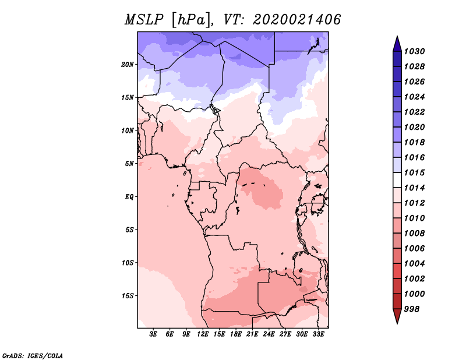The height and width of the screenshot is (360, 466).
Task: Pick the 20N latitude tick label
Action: [x=128, y=64]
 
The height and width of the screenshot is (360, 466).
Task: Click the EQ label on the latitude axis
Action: [x=129, y=196]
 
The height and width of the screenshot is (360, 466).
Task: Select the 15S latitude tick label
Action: [x=128, y=295]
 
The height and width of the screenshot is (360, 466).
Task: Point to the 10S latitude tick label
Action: [x=128, y=263]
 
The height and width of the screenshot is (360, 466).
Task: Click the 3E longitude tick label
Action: [x=154, y=334]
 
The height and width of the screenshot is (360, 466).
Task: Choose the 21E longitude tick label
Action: [x=252, y=334]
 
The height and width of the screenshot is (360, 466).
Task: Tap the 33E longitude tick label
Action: [x=318, y=334]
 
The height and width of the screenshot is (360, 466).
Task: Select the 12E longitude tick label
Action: [x=203, y=334]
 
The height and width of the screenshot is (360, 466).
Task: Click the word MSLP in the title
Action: [x=144, y=20]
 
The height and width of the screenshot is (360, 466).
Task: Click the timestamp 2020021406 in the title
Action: [x=296, y=20]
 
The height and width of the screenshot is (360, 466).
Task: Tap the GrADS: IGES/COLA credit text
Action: [x=32, y=355]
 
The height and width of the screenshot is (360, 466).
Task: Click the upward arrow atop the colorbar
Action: [x=397, y=43]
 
